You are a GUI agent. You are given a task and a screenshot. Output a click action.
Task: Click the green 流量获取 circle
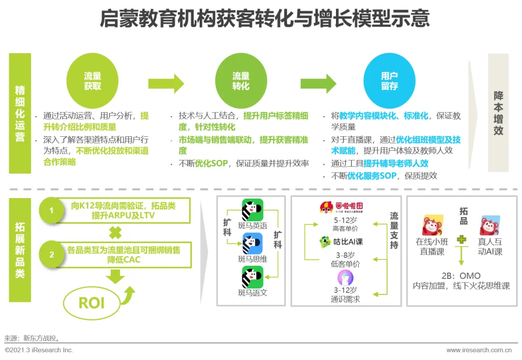click(x=92, y=81)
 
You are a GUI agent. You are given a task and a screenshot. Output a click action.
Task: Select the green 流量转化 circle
click(x=241, y=81)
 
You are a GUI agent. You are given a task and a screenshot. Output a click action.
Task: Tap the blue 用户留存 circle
click(x=389, y=81)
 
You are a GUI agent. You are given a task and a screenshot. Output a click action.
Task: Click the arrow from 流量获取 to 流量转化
click(x=166, y=84)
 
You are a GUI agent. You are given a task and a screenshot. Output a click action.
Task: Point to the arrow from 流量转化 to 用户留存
click(x=318, y=84)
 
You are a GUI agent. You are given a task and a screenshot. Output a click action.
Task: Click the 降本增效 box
click(x=498, y=113)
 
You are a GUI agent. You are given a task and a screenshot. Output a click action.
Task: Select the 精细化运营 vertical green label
click(x=20, y=113)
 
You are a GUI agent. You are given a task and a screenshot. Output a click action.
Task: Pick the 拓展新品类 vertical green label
click(x=20, y=250)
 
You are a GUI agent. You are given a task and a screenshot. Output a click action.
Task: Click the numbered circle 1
click(x=52, y=211)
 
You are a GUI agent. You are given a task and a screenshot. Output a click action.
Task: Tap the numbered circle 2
click(x=52, y=255)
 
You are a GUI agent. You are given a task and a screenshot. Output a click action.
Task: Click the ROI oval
click(x=91, y=302)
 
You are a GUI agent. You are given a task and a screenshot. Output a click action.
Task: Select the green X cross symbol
click(x=115, y=233)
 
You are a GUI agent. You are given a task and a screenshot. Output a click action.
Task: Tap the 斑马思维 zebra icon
click(x=252, y=244)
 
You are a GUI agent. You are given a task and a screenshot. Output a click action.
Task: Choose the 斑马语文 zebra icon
click(x=252, y=277)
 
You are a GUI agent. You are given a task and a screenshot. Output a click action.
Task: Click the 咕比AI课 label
click(x=341, y=242)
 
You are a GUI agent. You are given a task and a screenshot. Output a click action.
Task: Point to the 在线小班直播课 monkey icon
click(x=433, y=225)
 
